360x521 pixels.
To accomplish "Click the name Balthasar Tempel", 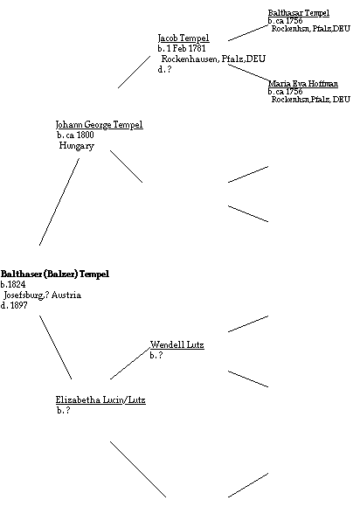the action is [x=299, y=13].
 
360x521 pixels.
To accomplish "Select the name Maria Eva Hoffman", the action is [x=303, y=84].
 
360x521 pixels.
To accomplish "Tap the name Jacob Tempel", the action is [x=183, y=38].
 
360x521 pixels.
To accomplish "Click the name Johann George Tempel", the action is [x=100, y=125].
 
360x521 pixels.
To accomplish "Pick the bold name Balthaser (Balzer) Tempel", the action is [x=55, y=274].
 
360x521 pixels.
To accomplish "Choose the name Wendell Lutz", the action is [x=177, y=344].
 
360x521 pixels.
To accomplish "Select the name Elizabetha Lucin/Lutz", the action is [x=100, y=399].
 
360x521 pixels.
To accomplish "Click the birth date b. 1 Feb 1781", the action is [x=182, y=48].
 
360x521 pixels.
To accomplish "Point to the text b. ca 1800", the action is [x=75, y=135].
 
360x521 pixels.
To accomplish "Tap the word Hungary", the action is [x=77, y=146].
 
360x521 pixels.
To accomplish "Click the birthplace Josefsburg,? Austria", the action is [x=42, y=295].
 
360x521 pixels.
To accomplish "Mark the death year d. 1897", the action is [x=14, y=306].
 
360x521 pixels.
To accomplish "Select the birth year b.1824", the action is [x=13, y=284].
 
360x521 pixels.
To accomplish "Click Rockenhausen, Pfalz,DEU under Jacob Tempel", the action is [x=213, y=59].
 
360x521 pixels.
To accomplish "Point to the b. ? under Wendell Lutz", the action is [x=156, y=355].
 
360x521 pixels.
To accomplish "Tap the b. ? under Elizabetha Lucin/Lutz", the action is [x=64, y=410].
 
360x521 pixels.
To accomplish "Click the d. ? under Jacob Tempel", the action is [x=165, y=69].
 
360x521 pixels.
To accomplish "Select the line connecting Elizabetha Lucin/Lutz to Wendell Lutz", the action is [x=130, y=363].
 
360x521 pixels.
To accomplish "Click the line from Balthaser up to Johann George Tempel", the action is [x=59, y=202].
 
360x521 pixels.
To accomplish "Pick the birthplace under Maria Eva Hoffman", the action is [x=311, y=100].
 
